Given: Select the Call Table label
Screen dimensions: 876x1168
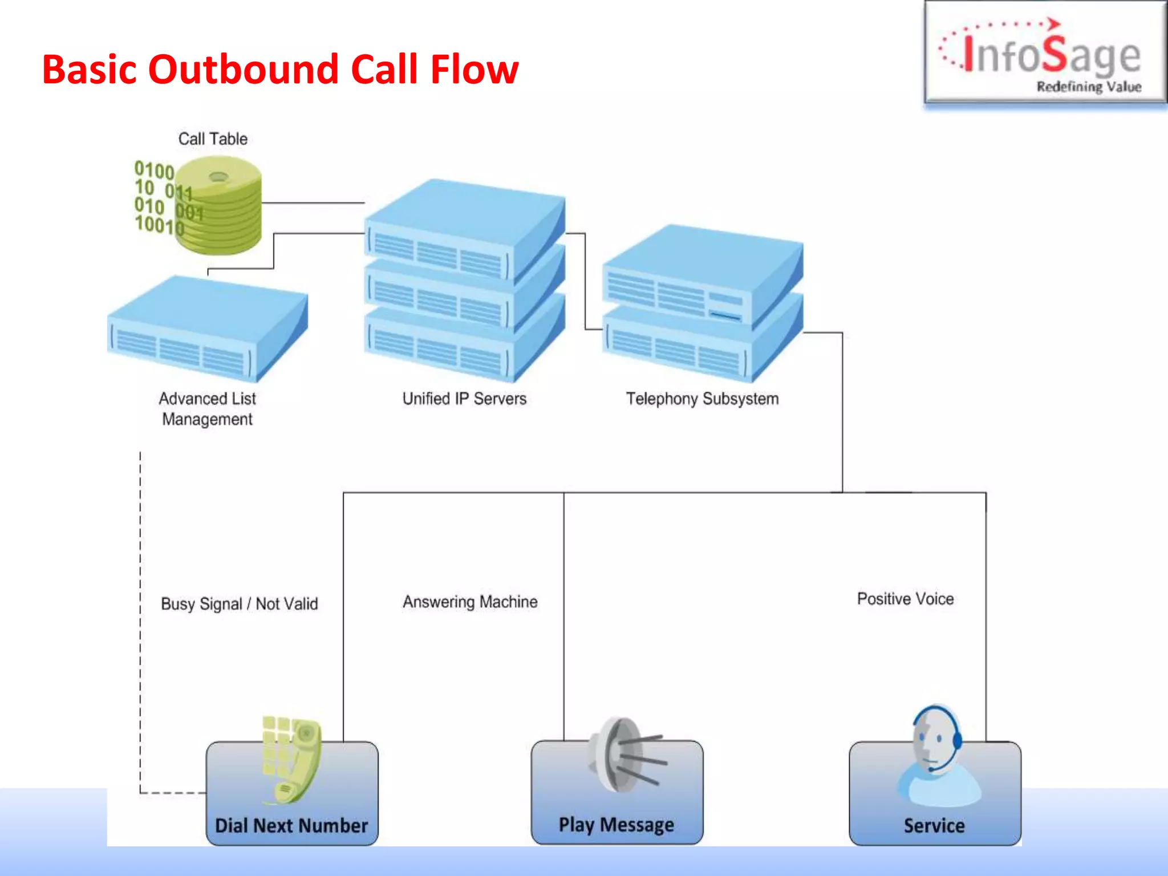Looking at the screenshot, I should (x=213, y=139).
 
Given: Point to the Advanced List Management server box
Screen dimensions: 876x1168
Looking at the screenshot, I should (x=207, y=328).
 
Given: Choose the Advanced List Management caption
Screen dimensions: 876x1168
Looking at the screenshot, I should (x=207, y=408).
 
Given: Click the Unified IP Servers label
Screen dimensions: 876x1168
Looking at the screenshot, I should (x=464, y=399).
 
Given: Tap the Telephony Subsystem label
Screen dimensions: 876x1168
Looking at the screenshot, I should (x=702, y=399).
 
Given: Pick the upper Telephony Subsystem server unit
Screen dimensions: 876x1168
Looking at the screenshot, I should (x=701, y=274).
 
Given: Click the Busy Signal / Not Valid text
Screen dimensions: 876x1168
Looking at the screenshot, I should (x=239, y=603).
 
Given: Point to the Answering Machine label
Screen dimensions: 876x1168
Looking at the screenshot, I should (x=470, y=602).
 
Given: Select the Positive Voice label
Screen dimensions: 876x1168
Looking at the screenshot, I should (x=905, y=599).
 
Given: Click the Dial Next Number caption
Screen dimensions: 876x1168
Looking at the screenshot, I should (x=291, y=825).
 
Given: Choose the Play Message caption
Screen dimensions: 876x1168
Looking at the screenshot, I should (x=616, y=825).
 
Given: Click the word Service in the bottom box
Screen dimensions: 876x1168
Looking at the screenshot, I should (x=934, y=825).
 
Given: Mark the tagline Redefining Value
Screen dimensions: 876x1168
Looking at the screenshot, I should (x=1088, y=87).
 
